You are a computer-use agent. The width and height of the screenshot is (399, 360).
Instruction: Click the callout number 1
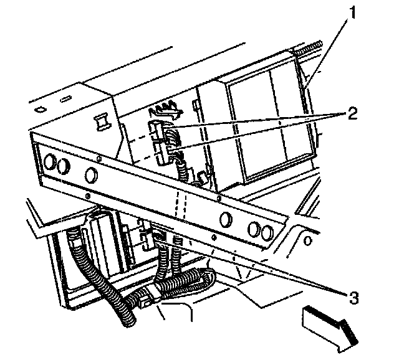coord(352,12)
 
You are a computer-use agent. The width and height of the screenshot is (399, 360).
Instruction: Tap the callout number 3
coord(353,298)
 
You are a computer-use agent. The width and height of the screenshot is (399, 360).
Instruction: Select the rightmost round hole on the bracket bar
coord(267,232)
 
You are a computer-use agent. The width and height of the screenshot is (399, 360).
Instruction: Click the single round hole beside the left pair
coord(90,175)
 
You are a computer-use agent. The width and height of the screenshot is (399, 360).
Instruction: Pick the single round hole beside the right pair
coord(226,219)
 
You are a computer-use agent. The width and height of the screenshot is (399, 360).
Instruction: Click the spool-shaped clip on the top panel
coord(102,122)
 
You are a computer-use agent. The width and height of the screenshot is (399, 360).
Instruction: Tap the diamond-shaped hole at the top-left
coord(41,110)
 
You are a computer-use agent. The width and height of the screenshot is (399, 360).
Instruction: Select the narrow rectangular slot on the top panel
coord(65,99)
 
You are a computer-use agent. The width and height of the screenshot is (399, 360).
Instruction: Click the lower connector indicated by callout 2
coord(159,154)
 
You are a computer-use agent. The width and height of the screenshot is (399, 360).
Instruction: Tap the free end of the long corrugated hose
coord(129,321)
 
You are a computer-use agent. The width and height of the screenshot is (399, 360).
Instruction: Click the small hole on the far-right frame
coord(307,240)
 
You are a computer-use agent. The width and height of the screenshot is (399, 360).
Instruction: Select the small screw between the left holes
coord(100,159)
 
